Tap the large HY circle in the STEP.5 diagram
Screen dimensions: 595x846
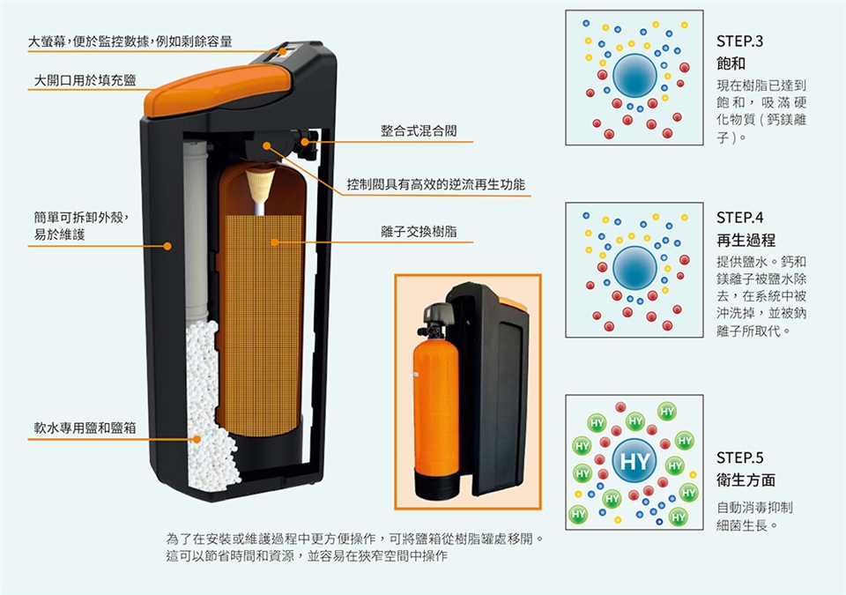pos(634,462)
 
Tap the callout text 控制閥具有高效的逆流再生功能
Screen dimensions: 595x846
pos(435,184)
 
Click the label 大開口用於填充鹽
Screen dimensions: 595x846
pos(85,81)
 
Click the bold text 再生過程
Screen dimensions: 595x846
pos(746,240)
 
